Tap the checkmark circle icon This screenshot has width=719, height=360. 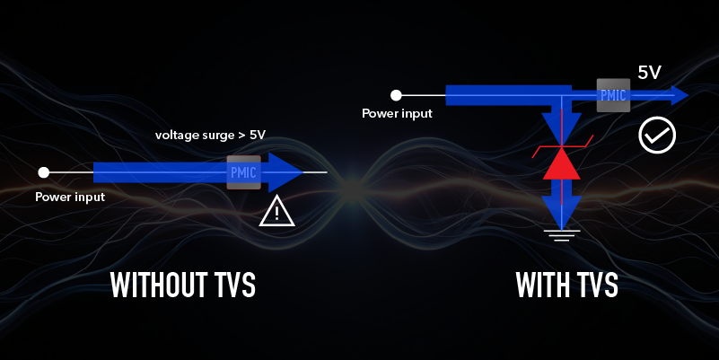[x=656, y=136]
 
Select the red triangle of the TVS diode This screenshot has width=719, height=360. [x=561, y=164]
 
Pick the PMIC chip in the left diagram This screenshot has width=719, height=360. [x=243, y=171]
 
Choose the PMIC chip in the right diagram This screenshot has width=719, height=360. [x=613, y=94]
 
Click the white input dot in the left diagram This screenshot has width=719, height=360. [x=43, y=171]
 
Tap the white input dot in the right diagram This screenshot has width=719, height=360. [x=396, y=93]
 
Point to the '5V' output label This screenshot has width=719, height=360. [x=649, y=72]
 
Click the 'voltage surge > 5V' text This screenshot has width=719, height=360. [x=210, y=136]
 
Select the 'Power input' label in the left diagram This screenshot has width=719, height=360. [x=70, y=197]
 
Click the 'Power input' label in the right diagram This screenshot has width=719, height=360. [x=397, y=114]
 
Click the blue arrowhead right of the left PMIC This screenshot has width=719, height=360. [x=285, y=171]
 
